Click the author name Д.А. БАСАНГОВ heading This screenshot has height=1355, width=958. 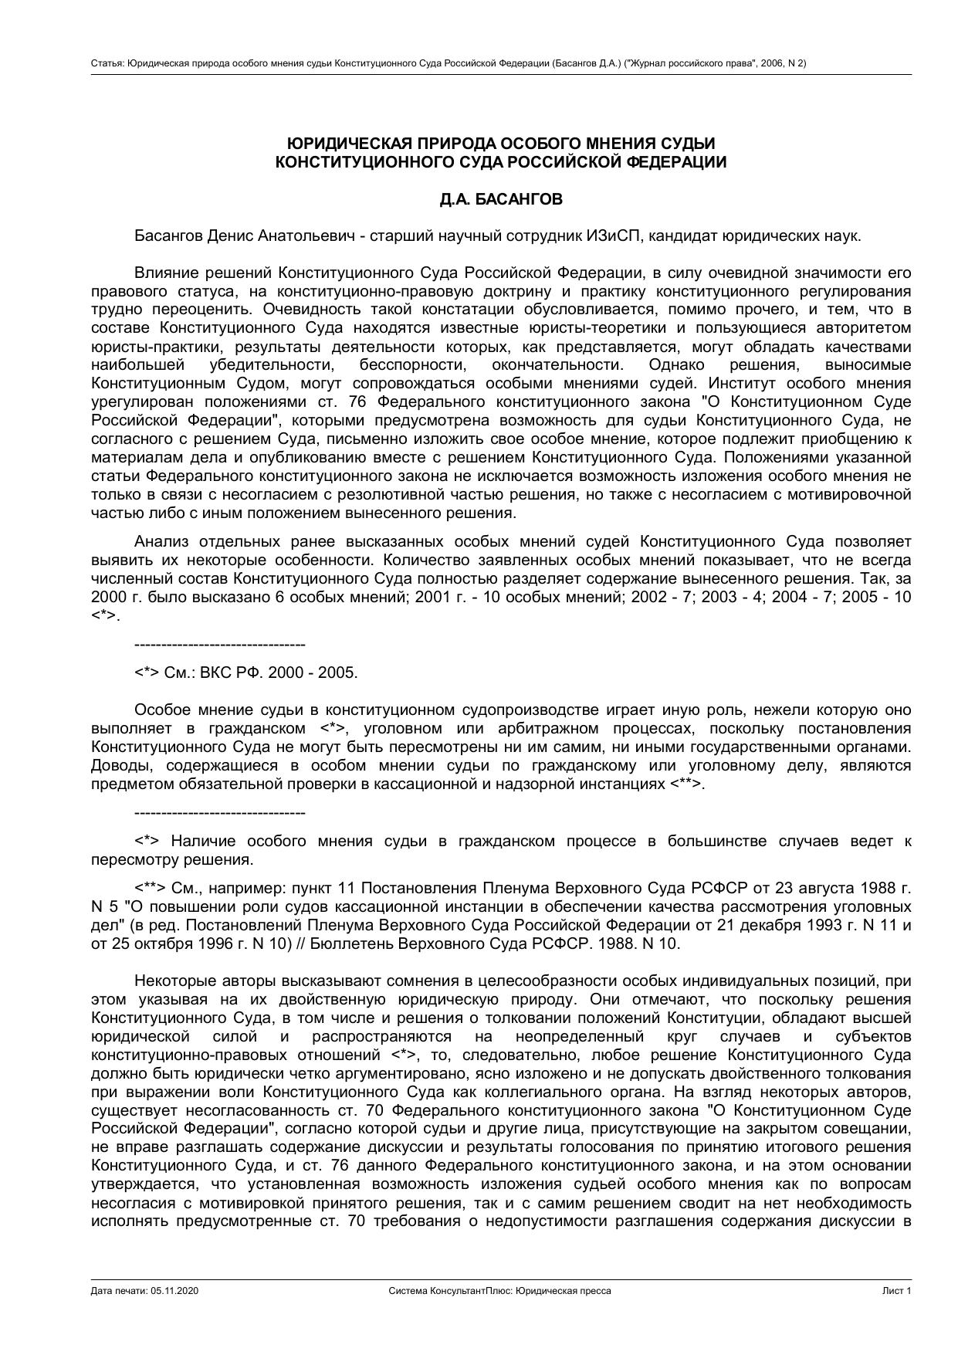click(501, 199)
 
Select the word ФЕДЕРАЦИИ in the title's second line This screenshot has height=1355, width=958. click(675, 162)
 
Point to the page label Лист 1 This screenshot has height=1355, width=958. click(897, 1291)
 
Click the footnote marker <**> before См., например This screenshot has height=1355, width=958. click(150, 888)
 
